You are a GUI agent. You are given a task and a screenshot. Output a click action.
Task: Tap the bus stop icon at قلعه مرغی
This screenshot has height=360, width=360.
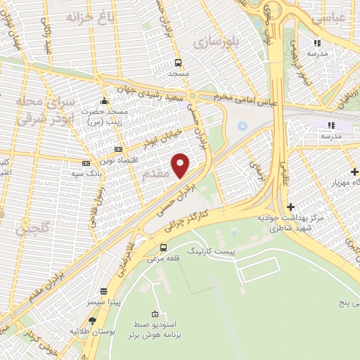[163, 247]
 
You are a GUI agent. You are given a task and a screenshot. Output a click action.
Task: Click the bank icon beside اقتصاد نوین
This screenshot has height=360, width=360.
[117, 149]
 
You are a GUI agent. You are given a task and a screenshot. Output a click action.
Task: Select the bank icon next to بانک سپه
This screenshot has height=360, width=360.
[86, 163]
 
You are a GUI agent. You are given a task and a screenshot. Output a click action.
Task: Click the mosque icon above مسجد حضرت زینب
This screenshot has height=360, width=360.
[104, 101]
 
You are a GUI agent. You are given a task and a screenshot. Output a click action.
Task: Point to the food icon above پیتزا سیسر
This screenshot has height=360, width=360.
[104, 290]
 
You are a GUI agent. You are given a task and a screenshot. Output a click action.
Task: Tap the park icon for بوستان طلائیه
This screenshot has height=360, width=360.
[92, 321]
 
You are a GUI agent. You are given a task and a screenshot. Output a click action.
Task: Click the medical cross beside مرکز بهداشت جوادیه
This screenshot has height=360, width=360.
[290, 206]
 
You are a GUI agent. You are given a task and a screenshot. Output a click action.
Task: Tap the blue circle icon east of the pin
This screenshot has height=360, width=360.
[243, 126]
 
